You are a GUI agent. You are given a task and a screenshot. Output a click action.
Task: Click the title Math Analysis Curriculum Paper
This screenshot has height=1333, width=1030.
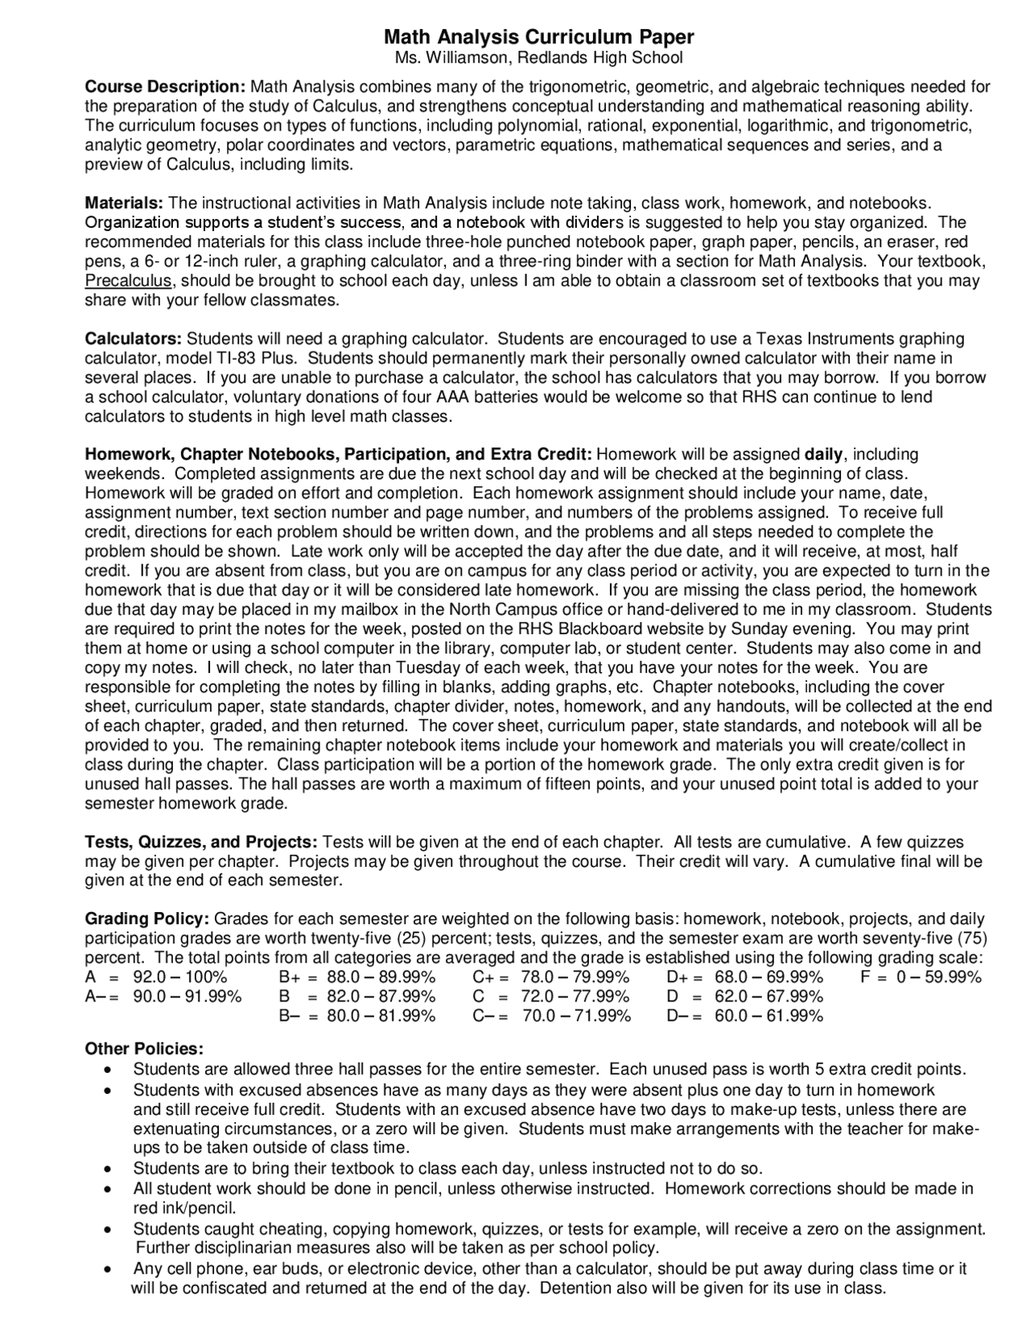[538, 37]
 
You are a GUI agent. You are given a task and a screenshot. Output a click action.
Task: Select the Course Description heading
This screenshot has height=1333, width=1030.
[165, 87]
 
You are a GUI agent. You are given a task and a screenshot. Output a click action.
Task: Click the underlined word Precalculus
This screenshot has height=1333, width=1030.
[128, 281]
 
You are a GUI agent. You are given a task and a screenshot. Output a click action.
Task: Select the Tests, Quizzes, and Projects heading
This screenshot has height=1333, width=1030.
[201, 842]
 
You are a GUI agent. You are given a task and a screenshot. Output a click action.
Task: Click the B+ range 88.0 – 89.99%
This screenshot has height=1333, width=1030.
[381, 977]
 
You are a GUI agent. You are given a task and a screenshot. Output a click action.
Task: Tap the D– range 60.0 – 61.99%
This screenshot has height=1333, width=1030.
[768, 1016]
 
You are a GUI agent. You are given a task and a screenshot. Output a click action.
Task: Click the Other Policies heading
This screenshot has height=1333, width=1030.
[144, 1049]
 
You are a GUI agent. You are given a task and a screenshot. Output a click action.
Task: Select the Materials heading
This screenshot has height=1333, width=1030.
[125, 204]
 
